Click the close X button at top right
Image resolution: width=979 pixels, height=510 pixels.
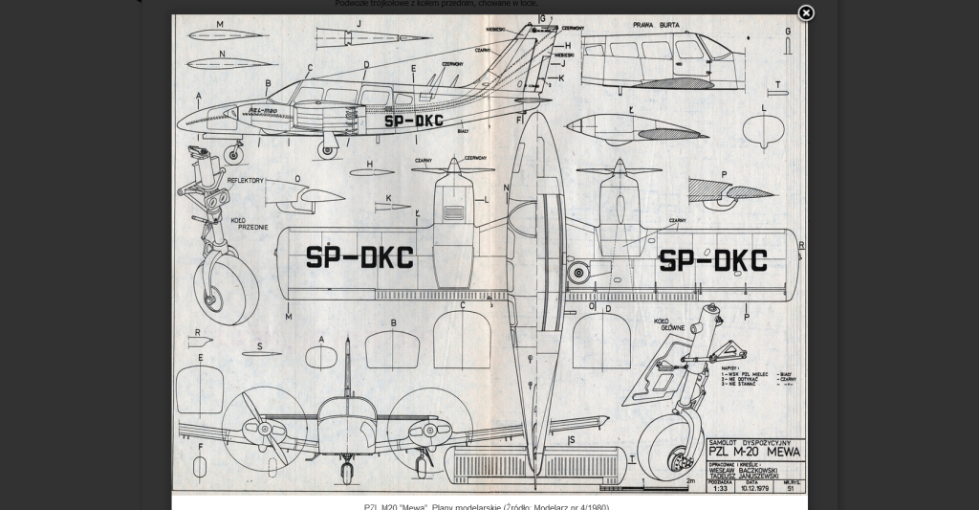pyautogui.click(x=806, y=12)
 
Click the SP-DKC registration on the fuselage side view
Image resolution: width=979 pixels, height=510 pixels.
pyautogui.click(x=413, y=122)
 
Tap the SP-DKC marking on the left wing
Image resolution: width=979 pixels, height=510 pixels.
pyautogui.click(x=359, y=257)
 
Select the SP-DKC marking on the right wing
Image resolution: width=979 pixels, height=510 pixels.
pyautogui.click(x=713, y=260)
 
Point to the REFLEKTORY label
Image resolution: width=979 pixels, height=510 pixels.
pyautogui.click(x=245, y=180)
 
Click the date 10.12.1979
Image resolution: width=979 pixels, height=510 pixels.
pyautogui.click(x=754, y=487)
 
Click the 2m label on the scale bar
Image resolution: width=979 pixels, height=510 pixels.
pyautogui.click(x=690, y=481)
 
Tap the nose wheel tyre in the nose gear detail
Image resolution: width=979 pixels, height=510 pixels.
pyautogui.click(x=227, y=288)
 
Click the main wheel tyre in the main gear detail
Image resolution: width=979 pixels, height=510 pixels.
pyautogui.click(x=669, y=445)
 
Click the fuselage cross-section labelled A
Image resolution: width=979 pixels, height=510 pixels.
pyautogui.click(x=320, y=357)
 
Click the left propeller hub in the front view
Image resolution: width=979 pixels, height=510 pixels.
pyautogui.click(x=265, y=429)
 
